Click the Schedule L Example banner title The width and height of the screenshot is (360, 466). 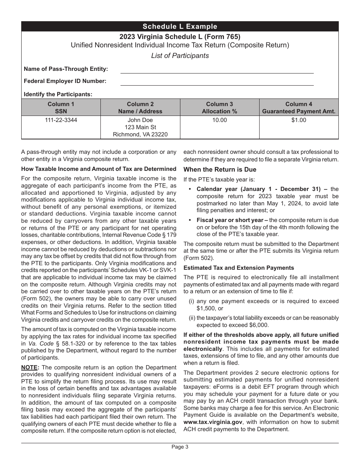180,27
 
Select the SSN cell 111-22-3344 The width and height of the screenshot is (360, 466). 61,120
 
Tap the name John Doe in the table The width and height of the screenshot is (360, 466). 140,120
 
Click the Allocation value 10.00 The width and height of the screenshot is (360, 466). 219,120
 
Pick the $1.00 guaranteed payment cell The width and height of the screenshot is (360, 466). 299,120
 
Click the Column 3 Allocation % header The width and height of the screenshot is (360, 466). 219,108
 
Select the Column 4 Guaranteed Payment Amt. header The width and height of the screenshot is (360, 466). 299,108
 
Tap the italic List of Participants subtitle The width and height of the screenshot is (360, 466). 180,56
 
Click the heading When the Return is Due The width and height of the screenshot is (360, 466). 220,170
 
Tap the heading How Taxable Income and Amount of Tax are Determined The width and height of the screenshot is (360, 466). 99,169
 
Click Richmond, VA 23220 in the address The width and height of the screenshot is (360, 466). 140,134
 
